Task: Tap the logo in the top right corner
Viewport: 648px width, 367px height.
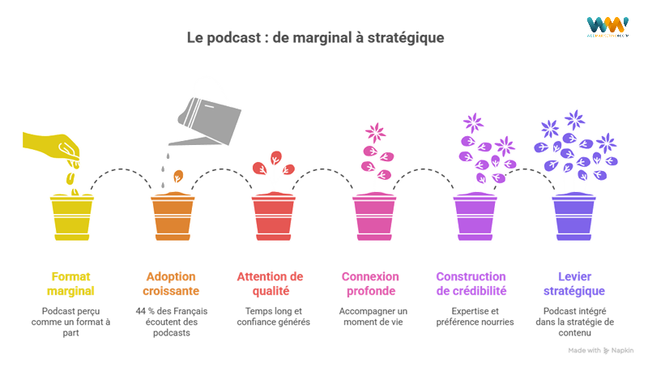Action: click(607, 26)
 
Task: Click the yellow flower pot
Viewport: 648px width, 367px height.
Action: click(71, 216)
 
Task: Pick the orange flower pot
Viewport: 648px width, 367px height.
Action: click(173, 216)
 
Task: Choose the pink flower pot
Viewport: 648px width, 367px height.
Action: click(373, 216)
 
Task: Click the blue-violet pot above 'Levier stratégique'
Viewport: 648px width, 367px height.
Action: click(574, 216)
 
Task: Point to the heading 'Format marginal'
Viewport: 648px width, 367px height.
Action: click(72, 283)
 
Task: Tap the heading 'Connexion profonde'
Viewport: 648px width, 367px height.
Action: click(373, 283)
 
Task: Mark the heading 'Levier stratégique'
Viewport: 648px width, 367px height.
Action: click(576, 283)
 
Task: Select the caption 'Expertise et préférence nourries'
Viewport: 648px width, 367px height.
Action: click(474, 316)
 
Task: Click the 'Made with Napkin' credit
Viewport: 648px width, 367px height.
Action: click(600, 350)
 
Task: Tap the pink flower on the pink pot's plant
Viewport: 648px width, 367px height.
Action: click(374, 133)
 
